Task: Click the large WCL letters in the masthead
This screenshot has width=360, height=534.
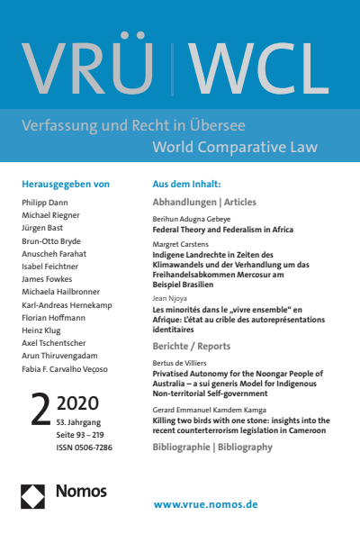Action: tap(261, 66)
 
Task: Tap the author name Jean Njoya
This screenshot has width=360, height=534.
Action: tap(171, 300)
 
